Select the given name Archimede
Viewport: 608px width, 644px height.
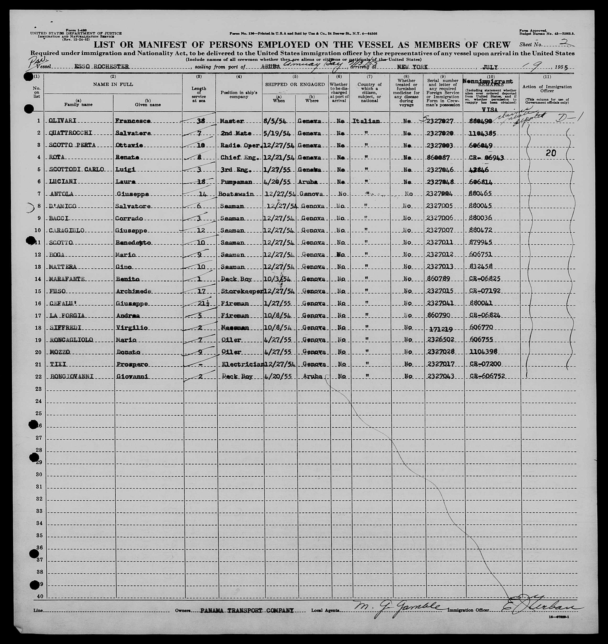pyautogui.click(x=133, y=291)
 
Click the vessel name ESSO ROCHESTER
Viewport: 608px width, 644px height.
pyautogui.click(x=102, y=67)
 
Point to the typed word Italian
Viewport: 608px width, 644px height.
pyautogui.click(x=365, y=121)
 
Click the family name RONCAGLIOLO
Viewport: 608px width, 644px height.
pyautogui.click(x=71, y=340)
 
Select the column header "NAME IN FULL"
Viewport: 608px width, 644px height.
pyautogui.click(x=113, y=84)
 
